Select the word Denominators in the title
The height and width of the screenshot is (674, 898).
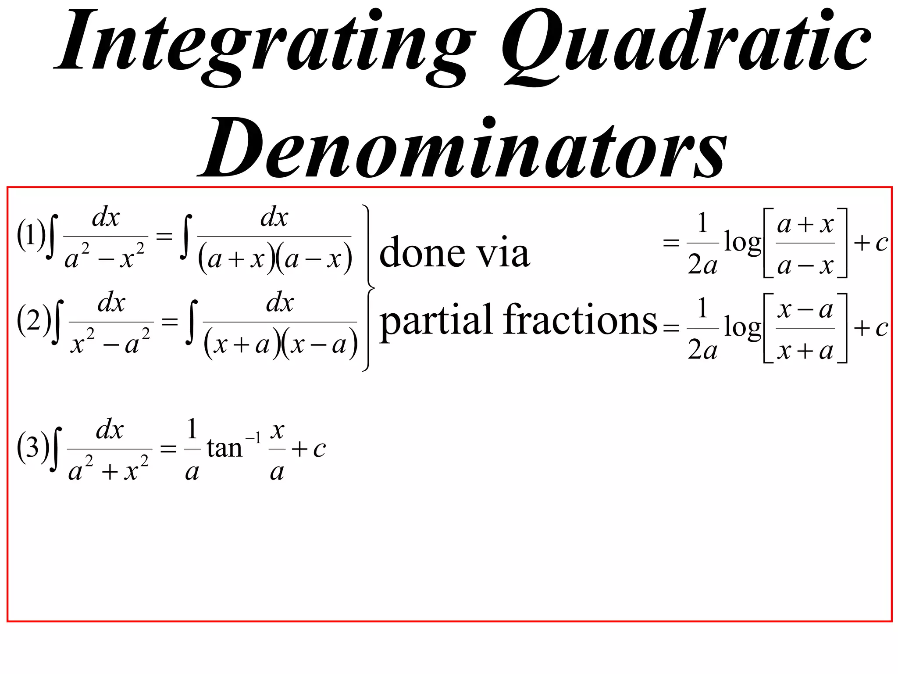coord(463,147)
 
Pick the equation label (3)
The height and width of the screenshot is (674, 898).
coord(32,447)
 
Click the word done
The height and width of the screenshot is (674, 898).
coord(421,253)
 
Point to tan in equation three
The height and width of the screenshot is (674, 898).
coord(224,448)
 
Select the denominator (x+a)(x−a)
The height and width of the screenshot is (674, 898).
coord(281,344)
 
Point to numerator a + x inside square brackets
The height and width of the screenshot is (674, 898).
coord(805,225)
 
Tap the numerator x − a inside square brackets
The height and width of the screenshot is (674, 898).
coord(805,310)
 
